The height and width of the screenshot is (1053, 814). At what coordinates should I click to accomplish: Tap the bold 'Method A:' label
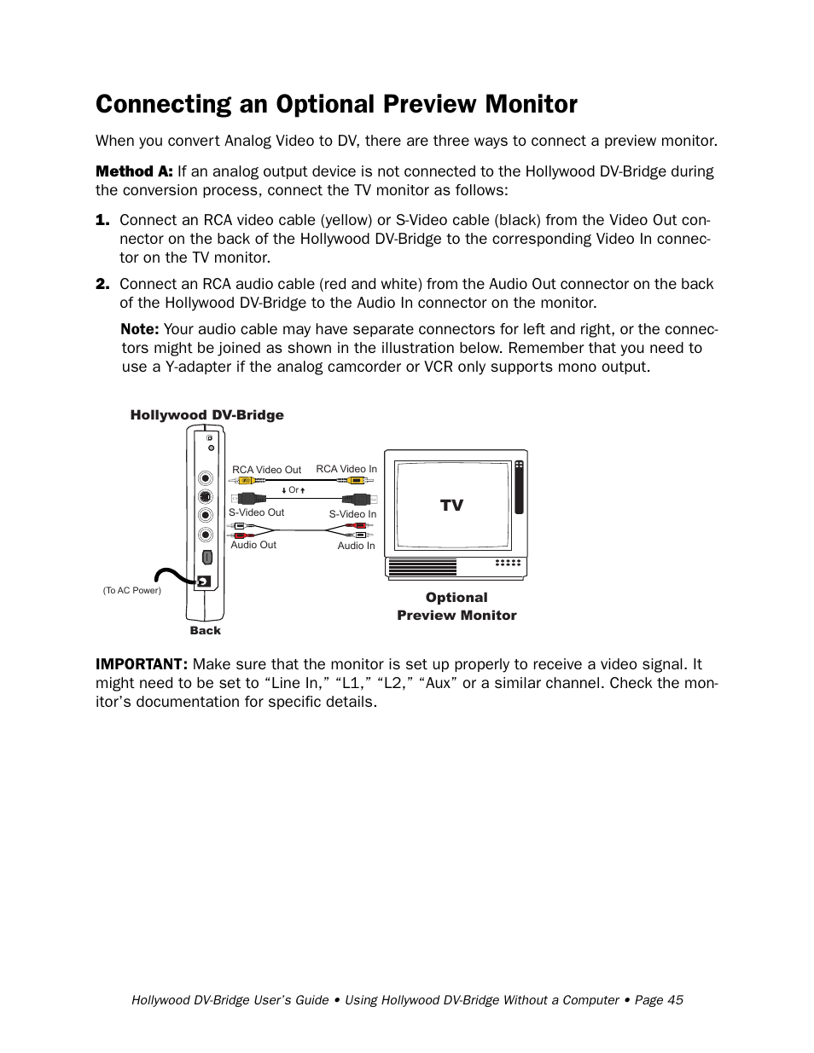click(134, 171)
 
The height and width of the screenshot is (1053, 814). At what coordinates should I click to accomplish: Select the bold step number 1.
click(102, 220)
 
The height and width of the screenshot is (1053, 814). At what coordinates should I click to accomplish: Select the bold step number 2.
click(102, 284)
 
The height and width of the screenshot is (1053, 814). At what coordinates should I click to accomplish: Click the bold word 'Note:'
click(139, 329)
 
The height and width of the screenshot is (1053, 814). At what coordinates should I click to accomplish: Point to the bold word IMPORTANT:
click(141, 664)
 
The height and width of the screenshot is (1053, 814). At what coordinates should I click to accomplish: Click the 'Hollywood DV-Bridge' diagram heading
click(206, 415)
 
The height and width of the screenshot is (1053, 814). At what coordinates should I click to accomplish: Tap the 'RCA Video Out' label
click(266, 470)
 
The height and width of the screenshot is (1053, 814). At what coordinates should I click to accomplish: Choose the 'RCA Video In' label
click(346, 469)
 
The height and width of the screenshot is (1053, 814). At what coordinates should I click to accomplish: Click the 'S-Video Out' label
click(256, 512)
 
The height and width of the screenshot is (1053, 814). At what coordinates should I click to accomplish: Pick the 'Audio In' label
click(356, 546)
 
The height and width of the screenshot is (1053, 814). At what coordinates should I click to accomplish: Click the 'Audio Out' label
click(253, 545)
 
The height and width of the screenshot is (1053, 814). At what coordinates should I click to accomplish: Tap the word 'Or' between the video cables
click(294, 490)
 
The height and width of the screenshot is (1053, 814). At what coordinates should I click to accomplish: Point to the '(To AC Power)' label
click(131, 590)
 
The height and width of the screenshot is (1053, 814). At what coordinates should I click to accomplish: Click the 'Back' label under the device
click(205, 631)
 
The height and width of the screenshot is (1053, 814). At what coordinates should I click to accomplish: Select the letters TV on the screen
click(451, 506)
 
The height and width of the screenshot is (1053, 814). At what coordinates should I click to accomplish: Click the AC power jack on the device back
click(204, 582)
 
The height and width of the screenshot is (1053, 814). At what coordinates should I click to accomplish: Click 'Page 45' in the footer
click(659, 1000)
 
